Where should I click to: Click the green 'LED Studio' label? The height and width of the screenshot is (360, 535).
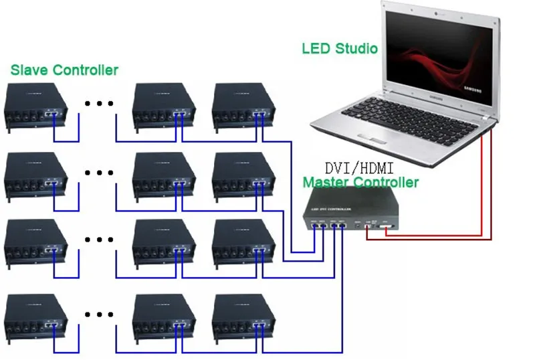[x=340, y=48]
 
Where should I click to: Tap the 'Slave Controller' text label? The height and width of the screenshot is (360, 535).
[x=64, y=70]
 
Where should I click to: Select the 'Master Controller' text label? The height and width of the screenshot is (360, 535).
[x=360, y=182]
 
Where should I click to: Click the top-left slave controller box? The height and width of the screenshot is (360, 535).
[x=37, y=106]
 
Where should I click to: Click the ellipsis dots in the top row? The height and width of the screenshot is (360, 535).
[x=100, y=103]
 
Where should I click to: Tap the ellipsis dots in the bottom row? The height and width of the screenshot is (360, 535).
[x=100, y=314]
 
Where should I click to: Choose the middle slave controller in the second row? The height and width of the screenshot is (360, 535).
[x=165, y=175]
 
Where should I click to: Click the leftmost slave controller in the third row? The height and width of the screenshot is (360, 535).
[x=37, y=242]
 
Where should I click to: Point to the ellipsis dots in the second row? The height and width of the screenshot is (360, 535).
[x=100, y=173]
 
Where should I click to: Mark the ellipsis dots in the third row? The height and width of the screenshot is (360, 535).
[x=100, y=239]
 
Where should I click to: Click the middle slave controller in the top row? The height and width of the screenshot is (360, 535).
[x=165, y=106]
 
